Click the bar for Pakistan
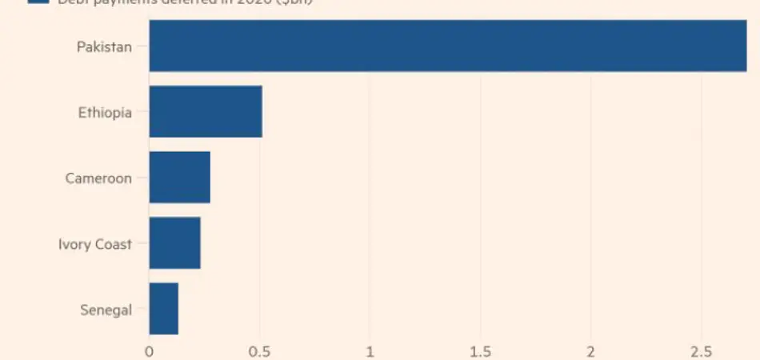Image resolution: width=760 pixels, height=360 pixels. point(447,46)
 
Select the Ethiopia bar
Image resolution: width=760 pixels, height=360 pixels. point(206,112)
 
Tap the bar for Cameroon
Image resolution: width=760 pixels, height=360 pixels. point(179,178)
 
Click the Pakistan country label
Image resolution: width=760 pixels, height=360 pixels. point(104,46)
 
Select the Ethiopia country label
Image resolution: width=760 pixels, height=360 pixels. point(105,113)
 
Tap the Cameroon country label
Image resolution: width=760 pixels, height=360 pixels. point(98,178)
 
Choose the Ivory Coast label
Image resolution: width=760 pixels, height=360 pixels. point(95,244)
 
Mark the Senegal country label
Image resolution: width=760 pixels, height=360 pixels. point(106,310)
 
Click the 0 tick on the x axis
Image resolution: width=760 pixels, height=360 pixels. point(149,350)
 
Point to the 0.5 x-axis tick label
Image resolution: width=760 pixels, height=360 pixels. point(259,350)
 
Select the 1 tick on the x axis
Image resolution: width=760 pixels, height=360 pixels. point(370,350)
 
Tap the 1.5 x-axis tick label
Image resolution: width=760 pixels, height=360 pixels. point(480,350)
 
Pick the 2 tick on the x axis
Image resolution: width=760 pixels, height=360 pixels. point(590,350)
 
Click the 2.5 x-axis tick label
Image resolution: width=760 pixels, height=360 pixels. point(701,350)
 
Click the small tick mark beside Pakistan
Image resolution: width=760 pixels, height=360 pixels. point(142,46)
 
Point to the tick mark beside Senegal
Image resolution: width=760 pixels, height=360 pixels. point(142,310)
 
